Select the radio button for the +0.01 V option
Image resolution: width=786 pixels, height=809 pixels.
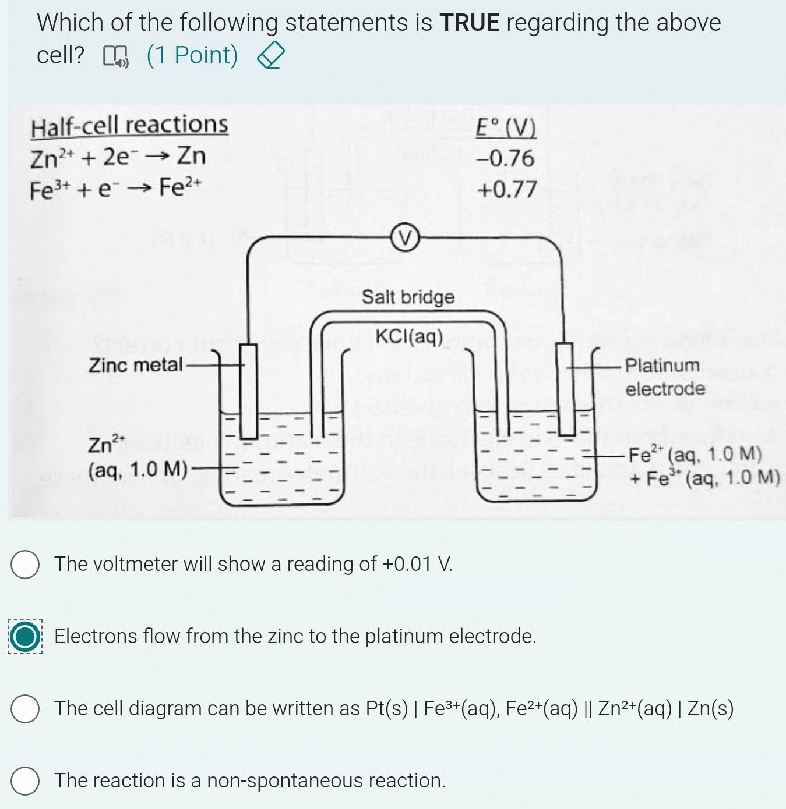coord(25,564)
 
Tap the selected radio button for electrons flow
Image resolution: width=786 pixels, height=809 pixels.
coord(25,636)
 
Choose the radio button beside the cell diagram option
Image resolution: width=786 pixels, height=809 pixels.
coord(25,708)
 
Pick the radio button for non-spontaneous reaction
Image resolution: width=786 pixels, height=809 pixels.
coord(25,780)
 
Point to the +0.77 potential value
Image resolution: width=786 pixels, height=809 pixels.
coord(507,190)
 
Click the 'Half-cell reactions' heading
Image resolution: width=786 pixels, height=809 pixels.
coord(129,126)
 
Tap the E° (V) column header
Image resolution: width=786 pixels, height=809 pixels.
coord(506,127)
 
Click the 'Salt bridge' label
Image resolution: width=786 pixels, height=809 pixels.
coord(408,297)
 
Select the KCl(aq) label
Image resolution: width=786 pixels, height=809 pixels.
coord(410,336)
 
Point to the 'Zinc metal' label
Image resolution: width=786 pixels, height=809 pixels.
coord(136,364)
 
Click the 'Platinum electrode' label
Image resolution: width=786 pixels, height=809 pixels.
coord(665,377)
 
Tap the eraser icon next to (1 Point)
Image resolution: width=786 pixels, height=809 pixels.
coord(271,56)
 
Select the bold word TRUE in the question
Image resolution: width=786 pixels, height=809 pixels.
coord(470,22)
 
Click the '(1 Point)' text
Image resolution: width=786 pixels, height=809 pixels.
coord(192,55)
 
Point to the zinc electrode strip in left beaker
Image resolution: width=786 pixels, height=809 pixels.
coord(249,391)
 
